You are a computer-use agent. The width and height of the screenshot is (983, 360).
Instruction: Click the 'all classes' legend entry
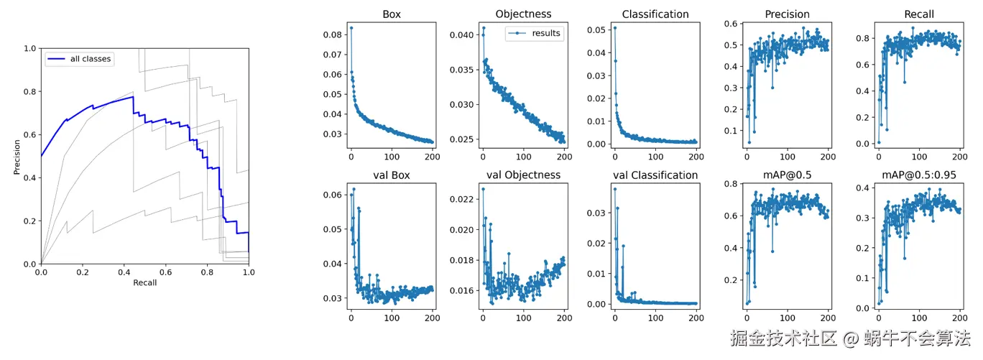(x=91, y=59)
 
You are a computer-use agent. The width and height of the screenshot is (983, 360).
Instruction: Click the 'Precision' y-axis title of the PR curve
(x=17, y=156)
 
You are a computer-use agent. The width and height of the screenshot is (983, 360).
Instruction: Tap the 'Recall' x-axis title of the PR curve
(x=144, y=282)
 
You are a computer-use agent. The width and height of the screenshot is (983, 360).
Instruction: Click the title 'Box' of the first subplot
(x=392, y=14)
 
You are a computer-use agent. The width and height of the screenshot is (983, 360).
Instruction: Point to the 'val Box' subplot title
(x=392, y=175)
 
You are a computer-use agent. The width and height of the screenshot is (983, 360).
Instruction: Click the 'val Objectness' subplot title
(x=523, y=175)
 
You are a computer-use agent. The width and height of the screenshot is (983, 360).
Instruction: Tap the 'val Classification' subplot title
(x=655, y=175)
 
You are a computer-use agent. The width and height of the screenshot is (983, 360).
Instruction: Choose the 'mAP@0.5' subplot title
(x=787, y=175)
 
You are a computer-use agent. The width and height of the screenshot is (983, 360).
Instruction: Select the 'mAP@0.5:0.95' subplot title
(x=919, y=175)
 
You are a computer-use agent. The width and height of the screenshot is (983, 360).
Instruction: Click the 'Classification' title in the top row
(x=655, y=14)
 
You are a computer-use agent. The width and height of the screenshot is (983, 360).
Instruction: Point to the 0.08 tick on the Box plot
(x=332, y=34)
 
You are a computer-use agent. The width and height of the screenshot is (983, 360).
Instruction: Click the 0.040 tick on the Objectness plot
(x=461, y=35)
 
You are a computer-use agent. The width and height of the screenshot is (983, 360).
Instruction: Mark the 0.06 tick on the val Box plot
(x=332, y=195)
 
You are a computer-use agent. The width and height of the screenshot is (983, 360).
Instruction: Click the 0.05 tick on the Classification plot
(x=596, y=29)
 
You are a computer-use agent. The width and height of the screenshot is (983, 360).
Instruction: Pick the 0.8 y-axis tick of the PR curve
(x=30, y=91)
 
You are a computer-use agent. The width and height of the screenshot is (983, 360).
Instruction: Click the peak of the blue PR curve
(x=133, y=96)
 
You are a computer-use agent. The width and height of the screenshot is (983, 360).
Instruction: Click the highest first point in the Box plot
(x=351, y=28)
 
